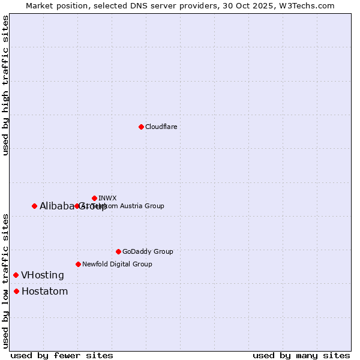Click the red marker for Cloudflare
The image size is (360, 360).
coord(141,127)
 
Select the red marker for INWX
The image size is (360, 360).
coord(94,198)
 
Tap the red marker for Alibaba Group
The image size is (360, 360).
coord(34,206)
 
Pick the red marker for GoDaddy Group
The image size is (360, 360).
coord(118,251)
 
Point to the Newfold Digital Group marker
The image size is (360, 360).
coord(78,264)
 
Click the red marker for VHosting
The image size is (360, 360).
coord(16,275)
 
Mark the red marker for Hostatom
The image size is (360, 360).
coord(16,292)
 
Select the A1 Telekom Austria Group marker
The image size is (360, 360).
coord(77,206)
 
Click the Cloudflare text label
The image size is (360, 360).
coord(161,127)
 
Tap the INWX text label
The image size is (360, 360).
coord(107,198)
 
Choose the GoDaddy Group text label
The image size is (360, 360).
coord(148,251)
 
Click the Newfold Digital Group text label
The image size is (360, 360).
coord(117,264)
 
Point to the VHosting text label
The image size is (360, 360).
coord(43,275)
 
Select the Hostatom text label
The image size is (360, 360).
coord(44,292)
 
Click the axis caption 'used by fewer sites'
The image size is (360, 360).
coord(62,355)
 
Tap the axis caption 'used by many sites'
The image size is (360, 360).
coord(301,355)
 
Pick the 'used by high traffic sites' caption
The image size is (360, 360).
coord(5,86)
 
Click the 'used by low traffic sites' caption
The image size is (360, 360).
coord(5,281)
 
